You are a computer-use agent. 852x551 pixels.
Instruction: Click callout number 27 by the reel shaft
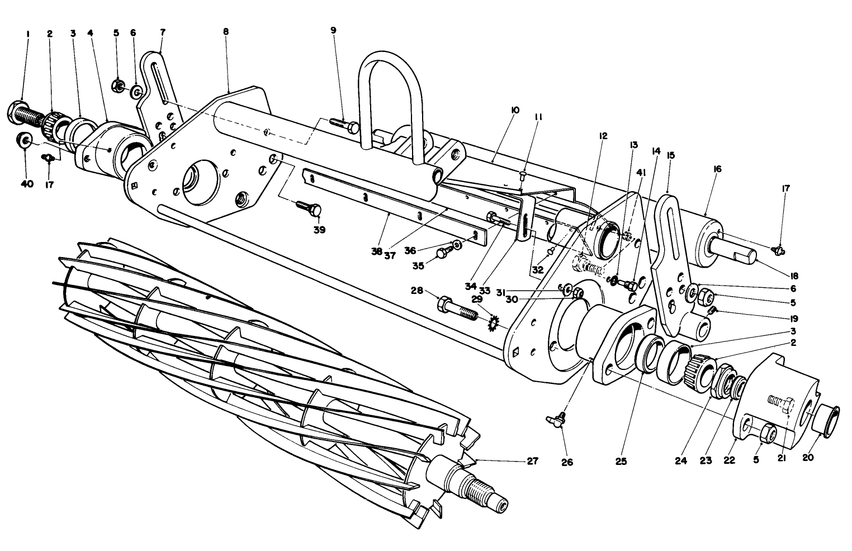(532, 461)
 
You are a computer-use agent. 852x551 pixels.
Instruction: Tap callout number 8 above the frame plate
(225, 32)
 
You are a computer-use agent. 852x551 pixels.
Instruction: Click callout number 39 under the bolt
(320, 230)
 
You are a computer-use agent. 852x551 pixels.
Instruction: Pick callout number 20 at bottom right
(808, 457)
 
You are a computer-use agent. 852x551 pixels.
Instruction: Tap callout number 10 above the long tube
(515, 110)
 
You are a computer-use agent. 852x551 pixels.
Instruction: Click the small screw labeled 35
(442, 253)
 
